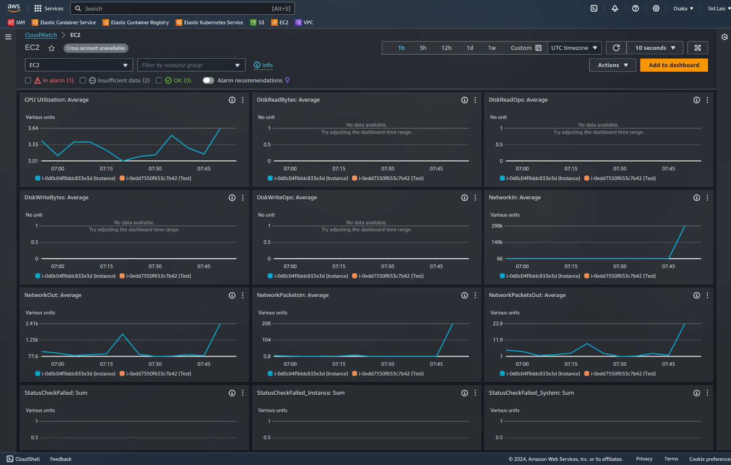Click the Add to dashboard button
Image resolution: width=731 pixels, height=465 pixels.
[673, 65]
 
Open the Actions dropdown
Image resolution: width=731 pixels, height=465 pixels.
[612, 65]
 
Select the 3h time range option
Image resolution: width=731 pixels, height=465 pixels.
[423, 48]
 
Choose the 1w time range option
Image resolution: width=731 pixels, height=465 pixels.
[492, 48]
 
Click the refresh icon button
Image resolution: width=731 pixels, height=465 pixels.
[616, 48]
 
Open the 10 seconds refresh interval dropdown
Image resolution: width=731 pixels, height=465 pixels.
[655, 48]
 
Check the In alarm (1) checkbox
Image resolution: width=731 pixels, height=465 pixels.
[28, 80]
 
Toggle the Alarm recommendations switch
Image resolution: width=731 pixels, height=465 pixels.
[208, 80]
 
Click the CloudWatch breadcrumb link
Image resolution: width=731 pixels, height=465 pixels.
[41, 35]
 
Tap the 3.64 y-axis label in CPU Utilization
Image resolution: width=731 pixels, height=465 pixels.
[33, 128]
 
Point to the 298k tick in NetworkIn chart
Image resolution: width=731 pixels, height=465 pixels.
[497, 226]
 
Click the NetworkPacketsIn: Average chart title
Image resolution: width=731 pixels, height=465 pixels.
[292, 295]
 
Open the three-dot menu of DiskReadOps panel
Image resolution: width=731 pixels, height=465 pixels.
[707, 100]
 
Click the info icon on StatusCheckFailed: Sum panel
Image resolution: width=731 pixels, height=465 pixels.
[232, 393]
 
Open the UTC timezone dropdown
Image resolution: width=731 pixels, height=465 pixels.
[574, 48]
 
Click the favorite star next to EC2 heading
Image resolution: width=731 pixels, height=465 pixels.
[52, 48]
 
